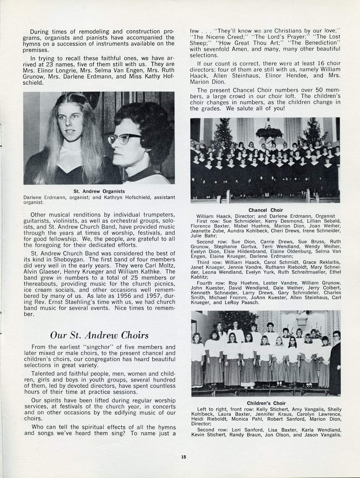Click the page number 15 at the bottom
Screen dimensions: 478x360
(x=183, y=457)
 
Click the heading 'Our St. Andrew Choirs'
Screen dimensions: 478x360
(x=99, y=335)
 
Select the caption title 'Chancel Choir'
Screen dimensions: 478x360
(x=266, y=210)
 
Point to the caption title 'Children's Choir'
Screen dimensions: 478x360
(x=266, y=403)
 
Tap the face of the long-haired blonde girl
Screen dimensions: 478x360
(x=74, y=125)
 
